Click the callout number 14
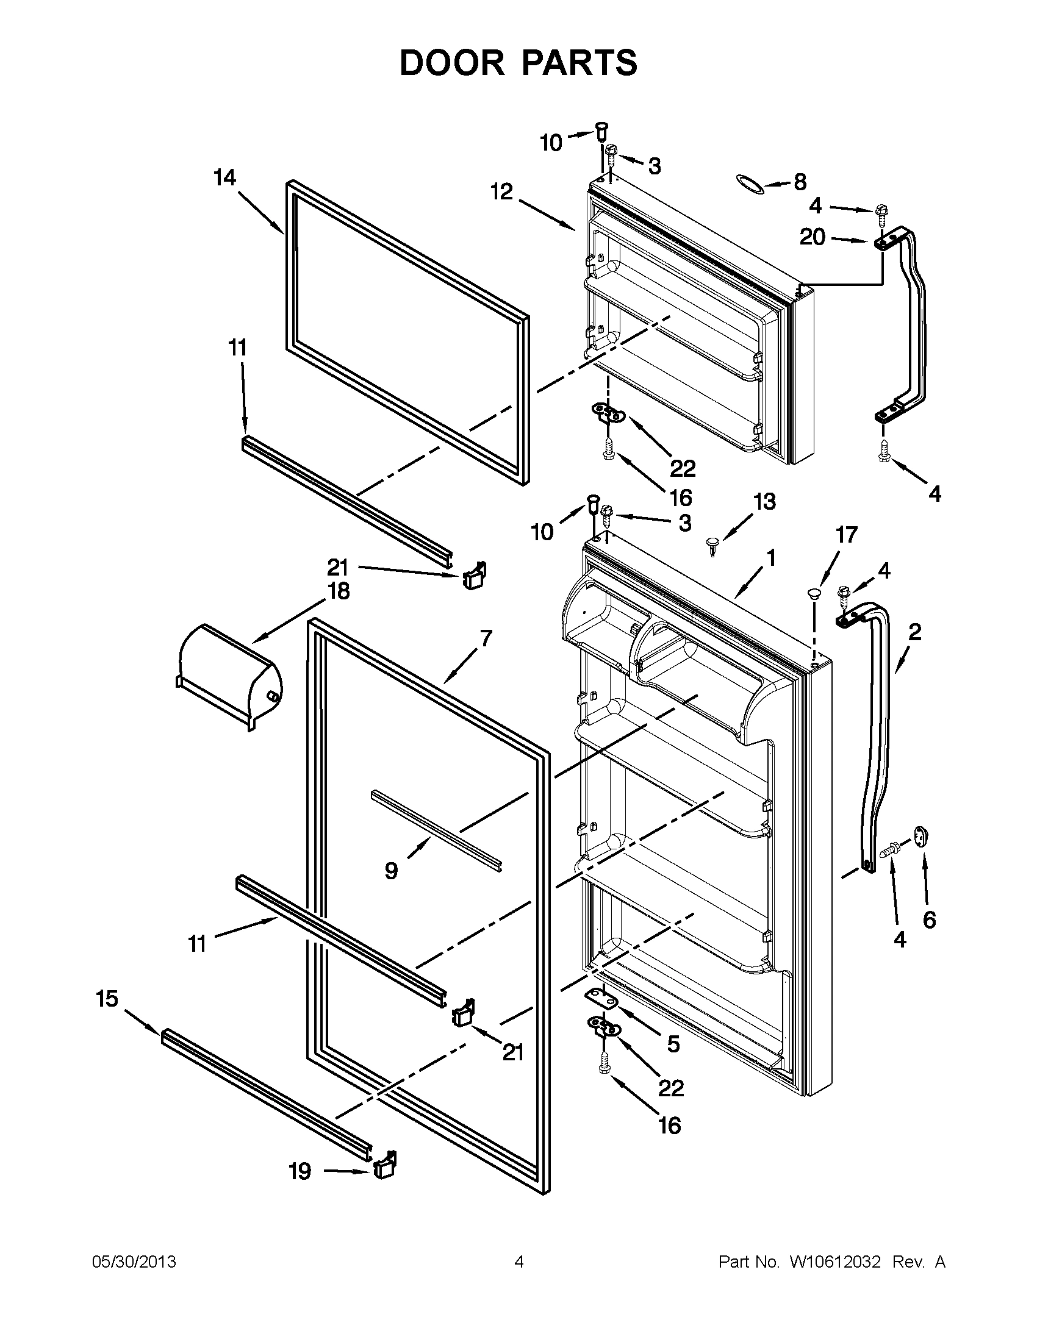coord(224,178)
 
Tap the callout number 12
coord(501,192)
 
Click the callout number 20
coord(812,237)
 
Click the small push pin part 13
coord(712,544)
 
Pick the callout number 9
coord(391,871)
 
